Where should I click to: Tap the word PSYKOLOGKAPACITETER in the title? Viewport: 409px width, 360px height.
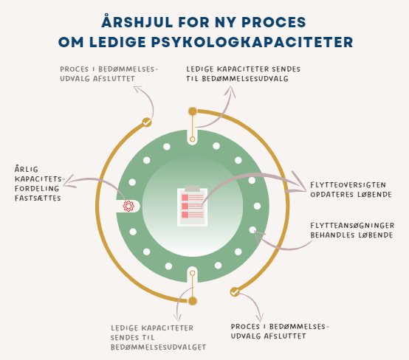252,42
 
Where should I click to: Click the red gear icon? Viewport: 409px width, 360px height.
128,206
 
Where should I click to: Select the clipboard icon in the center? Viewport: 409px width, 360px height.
192,206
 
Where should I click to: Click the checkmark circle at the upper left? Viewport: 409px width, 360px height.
147,122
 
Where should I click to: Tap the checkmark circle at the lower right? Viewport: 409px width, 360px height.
235,292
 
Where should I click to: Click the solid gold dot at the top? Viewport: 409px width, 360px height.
193,111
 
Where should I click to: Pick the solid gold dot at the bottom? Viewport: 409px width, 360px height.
193,301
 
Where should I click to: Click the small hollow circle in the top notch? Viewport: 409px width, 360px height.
193,139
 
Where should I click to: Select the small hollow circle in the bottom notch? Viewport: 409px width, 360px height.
193,273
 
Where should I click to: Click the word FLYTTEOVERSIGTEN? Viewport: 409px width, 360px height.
348,185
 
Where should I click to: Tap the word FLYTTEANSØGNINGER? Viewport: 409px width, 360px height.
352,226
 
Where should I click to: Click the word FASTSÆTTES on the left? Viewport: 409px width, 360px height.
38,198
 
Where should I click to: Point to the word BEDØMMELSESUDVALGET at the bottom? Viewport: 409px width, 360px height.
158,347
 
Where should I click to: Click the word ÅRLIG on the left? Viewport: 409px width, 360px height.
27,169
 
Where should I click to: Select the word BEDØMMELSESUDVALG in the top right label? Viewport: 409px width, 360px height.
245,79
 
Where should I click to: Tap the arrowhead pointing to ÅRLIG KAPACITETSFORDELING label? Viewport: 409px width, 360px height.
69,181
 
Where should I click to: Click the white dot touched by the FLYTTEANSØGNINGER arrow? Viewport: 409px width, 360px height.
252,229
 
